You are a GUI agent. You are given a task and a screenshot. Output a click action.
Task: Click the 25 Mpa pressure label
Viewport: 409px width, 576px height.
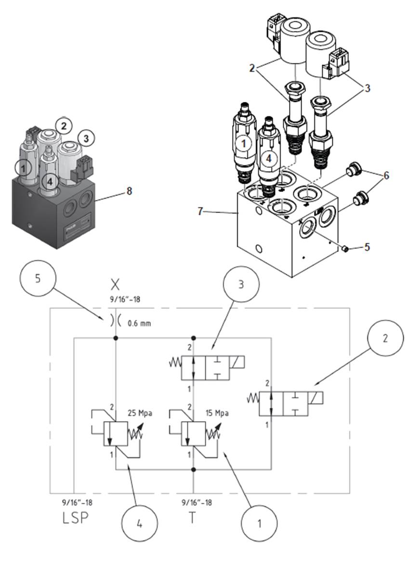[140, 413]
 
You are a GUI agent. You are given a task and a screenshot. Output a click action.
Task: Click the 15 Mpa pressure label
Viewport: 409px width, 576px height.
[217, 413]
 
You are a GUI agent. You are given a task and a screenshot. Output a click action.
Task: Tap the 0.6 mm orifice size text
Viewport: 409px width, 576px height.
[139, 324]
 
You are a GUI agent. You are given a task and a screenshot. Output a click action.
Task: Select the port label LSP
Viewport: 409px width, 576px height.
[76, 517]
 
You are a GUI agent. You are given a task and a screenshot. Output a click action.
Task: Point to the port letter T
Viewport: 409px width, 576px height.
[193, 517]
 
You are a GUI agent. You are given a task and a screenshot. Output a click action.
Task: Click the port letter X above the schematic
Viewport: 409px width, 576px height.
[115, 285]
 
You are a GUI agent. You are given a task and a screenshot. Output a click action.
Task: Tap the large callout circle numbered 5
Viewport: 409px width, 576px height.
[38, 278]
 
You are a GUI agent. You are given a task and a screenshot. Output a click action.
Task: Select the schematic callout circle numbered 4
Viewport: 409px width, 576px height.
[140, 523]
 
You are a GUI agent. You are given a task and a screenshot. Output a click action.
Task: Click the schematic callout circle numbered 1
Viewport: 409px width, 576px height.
[259, 523]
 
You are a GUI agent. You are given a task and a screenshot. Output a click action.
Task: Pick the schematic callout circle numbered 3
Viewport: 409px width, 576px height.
[241, 284]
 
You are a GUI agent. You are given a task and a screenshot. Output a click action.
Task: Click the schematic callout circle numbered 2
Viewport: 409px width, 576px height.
[385, 338]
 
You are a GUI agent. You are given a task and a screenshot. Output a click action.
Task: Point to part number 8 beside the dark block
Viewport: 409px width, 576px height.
[129, 191]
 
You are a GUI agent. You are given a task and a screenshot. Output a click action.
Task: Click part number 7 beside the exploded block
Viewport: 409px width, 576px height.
[200, 211]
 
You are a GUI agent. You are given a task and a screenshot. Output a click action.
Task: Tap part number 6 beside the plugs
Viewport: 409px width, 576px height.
[386, 175]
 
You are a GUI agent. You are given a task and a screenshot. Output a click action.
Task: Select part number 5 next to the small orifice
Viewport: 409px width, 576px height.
[367, 247]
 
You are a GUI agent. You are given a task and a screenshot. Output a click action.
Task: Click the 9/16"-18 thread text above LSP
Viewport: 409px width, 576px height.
[77, 502]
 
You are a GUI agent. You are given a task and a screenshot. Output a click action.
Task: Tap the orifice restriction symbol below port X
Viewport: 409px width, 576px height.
[115, 321]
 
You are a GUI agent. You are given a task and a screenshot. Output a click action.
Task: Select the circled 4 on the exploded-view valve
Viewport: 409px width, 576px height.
[269, 159]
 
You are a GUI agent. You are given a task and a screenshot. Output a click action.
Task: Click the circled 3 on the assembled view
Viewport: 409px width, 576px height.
[86, 138]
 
